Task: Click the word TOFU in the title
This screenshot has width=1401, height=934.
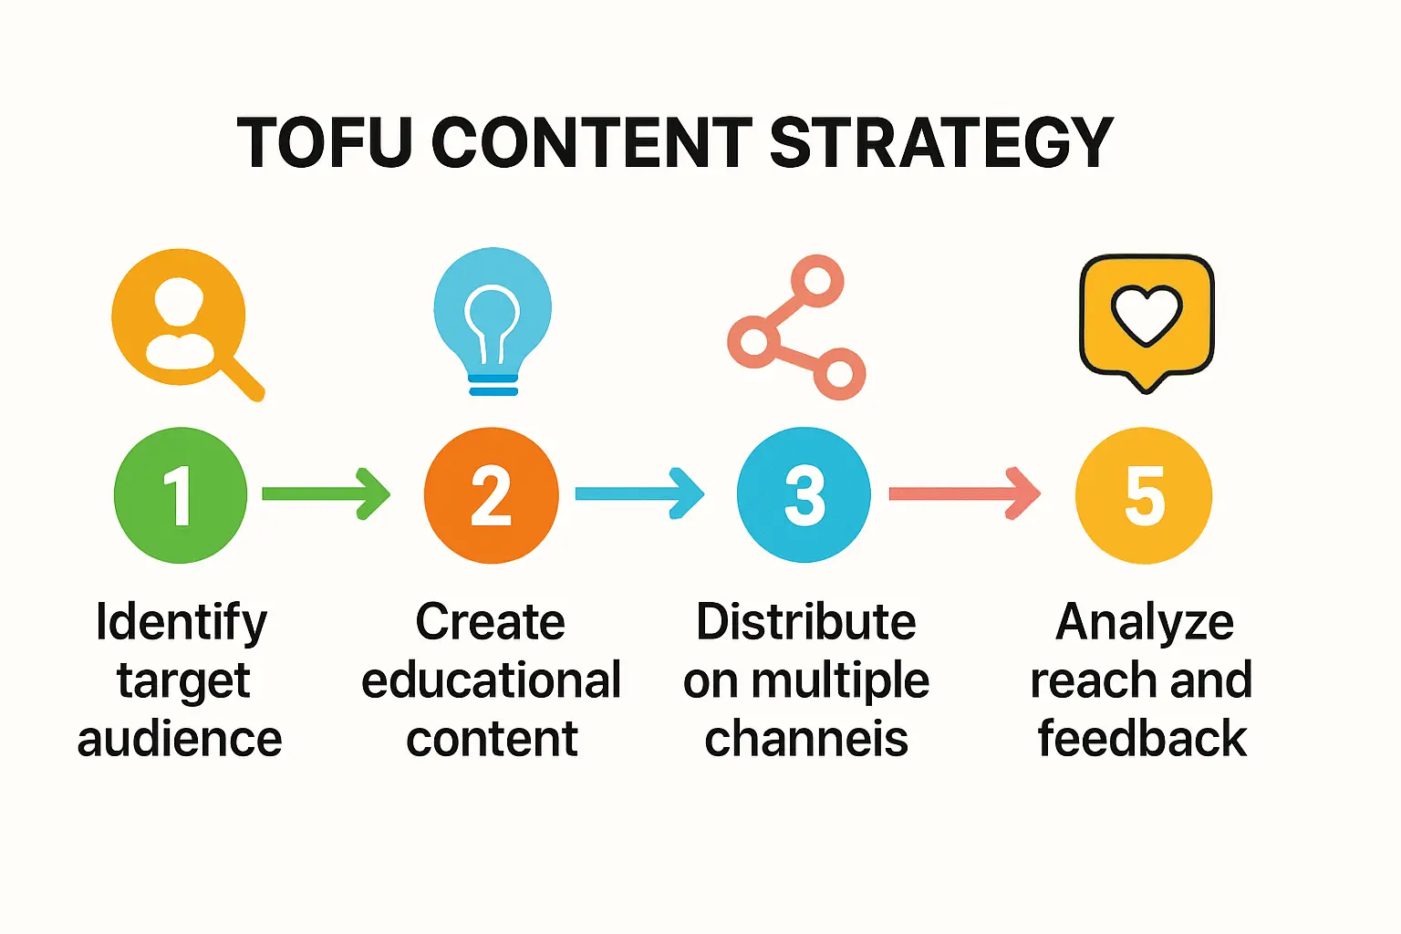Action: tap(324, 142)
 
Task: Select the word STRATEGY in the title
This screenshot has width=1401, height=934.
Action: tap(941, 142)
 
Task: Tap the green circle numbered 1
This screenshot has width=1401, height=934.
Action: tap(181, 495)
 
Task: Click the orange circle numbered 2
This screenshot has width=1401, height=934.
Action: tap(491, 495)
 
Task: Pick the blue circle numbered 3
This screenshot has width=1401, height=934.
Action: tap(804, 494)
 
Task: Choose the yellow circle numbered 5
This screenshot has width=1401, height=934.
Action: tap(1144, 495)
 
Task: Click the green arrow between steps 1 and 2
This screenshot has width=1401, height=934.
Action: tap(326, 493)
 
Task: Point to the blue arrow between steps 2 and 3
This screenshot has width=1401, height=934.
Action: tap(639, 493)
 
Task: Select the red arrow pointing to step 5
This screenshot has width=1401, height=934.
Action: tap(965, 493)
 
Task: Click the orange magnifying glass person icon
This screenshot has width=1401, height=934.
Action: tap(188, 325)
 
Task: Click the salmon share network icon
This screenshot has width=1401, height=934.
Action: tap(797, 327)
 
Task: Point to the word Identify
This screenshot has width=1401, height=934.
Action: tap(182, 623)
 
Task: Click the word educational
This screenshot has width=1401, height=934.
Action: tap(491, 680)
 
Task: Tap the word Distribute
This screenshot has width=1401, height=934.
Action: tap(806, 622)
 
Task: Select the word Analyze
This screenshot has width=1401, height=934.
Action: tap(1145, 623)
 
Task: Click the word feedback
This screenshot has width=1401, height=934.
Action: tap(1143, 738)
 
